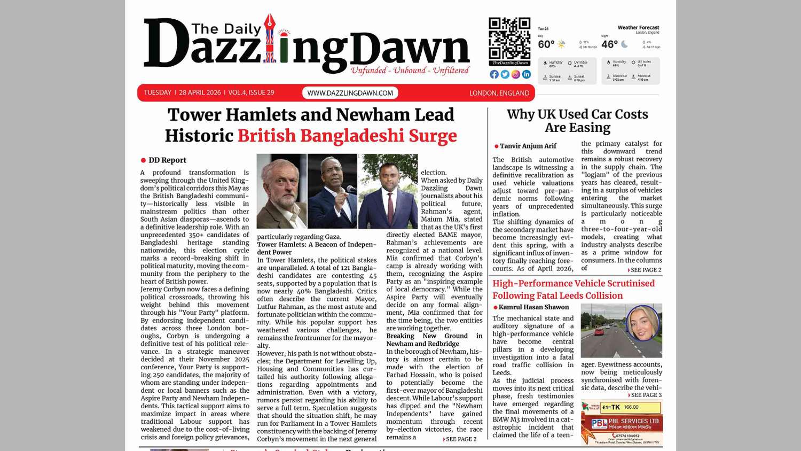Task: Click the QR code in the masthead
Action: [509, 38]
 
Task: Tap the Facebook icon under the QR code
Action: [494, 74]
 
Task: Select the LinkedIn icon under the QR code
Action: [527, 74]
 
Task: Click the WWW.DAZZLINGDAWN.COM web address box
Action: [350, 93]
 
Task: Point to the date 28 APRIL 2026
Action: [200, 92]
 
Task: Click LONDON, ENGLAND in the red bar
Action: [499, 93]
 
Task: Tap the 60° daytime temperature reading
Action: [546, 44]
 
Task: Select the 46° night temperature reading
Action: [609, 44]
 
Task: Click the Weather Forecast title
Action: [638, 28]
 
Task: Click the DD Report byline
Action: [167, 160]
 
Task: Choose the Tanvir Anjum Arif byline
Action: [528, 146]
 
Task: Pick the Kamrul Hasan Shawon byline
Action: [533, 307]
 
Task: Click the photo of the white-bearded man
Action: [281, 191]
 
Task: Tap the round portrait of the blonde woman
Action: [642, 322]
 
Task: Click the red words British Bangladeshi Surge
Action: [347, 136]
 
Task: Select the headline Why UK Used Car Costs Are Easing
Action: [577, 121]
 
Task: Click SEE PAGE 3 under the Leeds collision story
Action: [646, 395]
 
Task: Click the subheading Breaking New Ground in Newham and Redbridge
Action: [434, 340]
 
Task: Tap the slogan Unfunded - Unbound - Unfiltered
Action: [410, 71]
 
